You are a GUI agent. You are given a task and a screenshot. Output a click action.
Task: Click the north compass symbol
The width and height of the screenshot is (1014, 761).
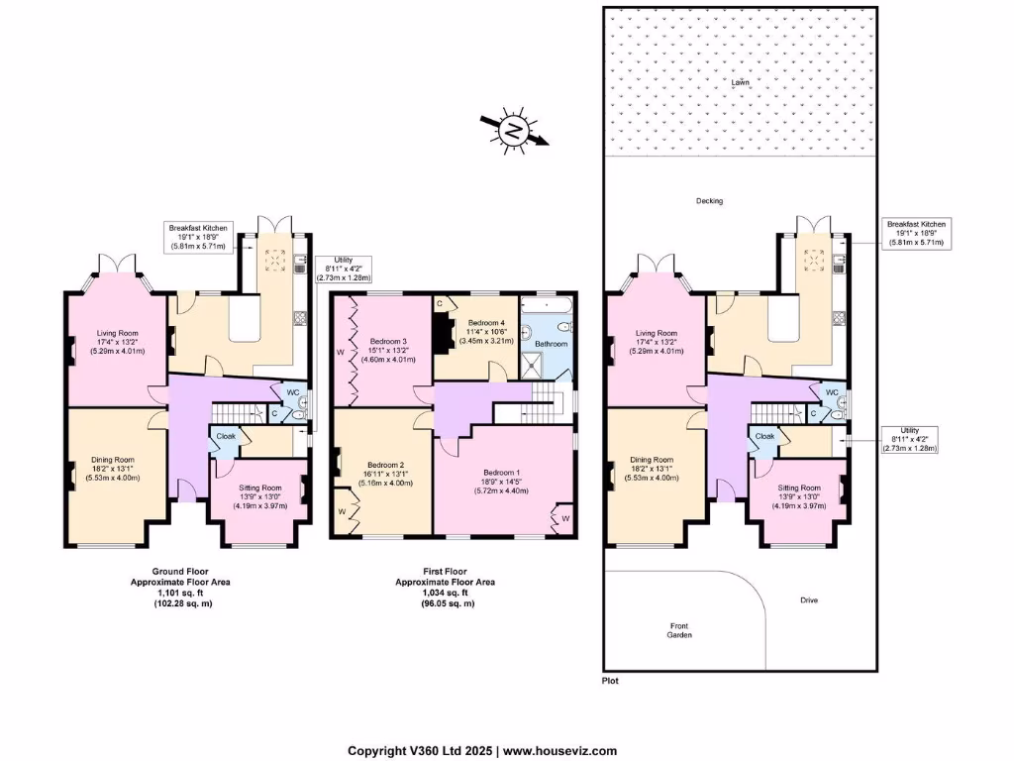click(x=513, y=130)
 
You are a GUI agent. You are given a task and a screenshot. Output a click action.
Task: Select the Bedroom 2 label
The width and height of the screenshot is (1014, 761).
click(x=382, y=465)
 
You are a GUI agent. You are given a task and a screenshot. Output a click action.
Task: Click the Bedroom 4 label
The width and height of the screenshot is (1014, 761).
click(x=486, y=323)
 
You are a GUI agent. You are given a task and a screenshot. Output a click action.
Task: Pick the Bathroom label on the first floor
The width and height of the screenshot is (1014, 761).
click(x=553, y=344)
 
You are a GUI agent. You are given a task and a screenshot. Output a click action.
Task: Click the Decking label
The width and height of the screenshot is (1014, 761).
click(x=709, y=201)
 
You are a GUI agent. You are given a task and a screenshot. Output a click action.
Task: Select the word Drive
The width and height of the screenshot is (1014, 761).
click(x=809, y=600)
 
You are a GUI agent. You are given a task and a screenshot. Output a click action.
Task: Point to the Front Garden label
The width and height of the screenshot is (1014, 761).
click(x=678, y=629)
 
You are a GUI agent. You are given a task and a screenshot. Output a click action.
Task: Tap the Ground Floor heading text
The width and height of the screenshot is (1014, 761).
click(x=180, y=571)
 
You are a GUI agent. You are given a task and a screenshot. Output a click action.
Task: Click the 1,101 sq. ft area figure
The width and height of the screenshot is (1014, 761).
click(x=181, y=593)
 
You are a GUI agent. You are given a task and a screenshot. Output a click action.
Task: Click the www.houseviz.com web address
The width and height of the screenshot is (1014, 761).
click(x=561, y=751)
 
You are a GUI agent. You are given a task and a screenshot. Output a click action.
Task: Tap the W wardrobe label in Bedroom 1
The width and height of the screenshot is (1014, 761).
click(x=565, y=517)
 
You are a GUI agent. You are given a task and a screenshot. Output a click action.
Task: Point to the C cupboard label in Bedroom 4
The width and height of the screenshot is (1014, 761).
click(x=439, y=302)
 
